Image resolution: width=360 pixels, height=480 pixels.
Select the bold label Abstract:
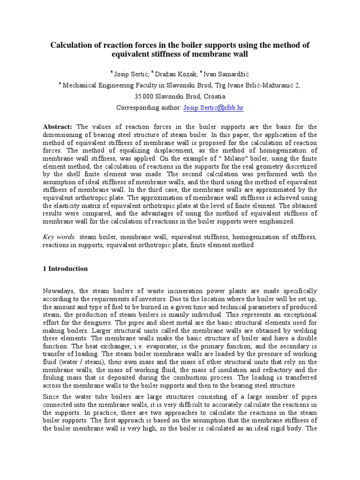click(58, 127)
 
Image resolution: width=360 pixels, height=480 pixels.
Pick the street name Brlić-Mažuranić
click(272, 85)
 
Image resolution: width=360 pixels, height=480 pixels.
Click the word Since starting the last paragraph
click(51, 397)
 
